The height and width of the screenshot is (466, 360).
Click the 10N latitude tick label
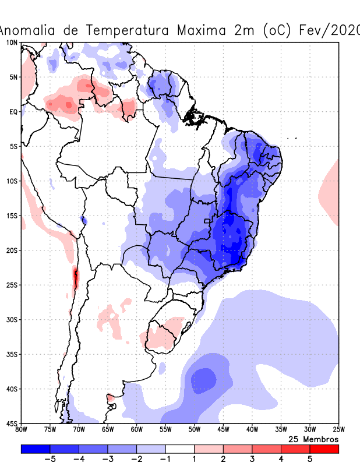[x=12, y=43]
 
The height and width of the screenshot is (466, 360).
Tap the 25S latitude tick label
[x=12, y=285]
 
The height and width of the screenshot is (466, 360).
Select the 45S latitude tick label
[x=12, y=423]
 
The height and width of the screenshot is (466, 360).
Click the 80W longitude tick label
[x=21, y=430]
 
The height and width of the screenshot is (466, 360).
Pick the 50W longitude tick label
[x=194, y=430]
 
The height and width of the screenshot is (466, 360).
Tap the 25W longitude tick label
[x=338, y=430]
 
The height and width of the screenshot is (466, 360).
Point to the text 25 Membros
[x=313, y=439]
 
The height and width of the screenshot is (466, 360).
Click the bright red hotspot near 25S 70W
[x=75, y=278]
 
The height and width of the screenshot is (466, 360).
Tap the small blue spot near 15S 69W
[x=83, y=220]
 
